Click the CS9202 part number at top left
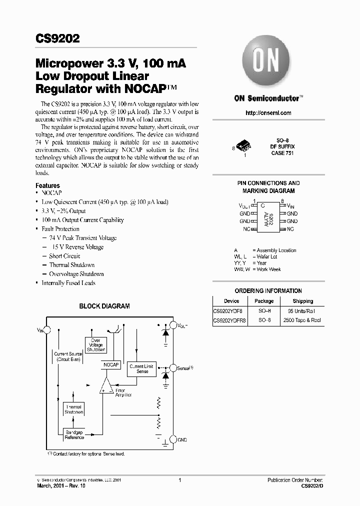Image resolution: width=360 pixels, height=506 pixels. coord(57,39)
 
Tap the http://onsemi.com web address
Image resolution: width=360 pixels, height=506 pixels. coord(268,113)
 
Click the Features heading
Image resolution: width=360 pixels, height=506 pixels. coord(47,185)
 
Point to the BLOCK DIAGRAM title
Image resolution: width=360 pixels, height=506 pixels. coord(104,306)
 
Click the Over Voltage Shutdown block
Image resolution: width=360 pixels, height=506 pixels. coord(95,345)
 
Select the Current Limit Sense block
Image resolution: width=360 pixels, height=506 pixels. coord(141,369)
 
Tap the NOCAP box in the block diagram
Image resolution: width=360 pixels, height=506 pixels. coord(111,365)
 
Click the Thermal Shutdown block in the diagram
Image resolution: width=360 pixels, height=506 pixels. coord(74,410)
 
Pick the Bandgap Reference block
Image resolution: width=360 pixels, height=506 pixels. coord(74,434)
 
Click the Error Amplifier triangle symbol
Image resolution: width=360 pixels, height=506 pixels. coord(106,386)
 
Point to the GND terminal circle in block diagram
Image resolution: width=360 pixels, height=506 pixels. coord(172,439)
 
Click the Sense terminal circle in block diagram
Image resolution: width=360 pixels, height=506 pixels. coord(172,368)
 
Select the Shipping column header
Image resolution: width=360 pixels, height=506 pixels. coord(302,301)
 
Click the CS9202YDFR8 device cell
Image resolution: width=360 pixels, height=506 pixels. coord(229,320)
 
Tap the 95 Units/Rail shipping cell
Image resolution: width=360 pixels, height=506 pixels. coord(302,310)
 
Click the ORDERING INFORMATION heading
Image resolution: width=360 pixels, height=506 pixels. coord(268,290)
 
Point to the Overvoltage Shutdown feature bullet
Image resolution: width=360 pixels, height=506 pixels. coord(76,274)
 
